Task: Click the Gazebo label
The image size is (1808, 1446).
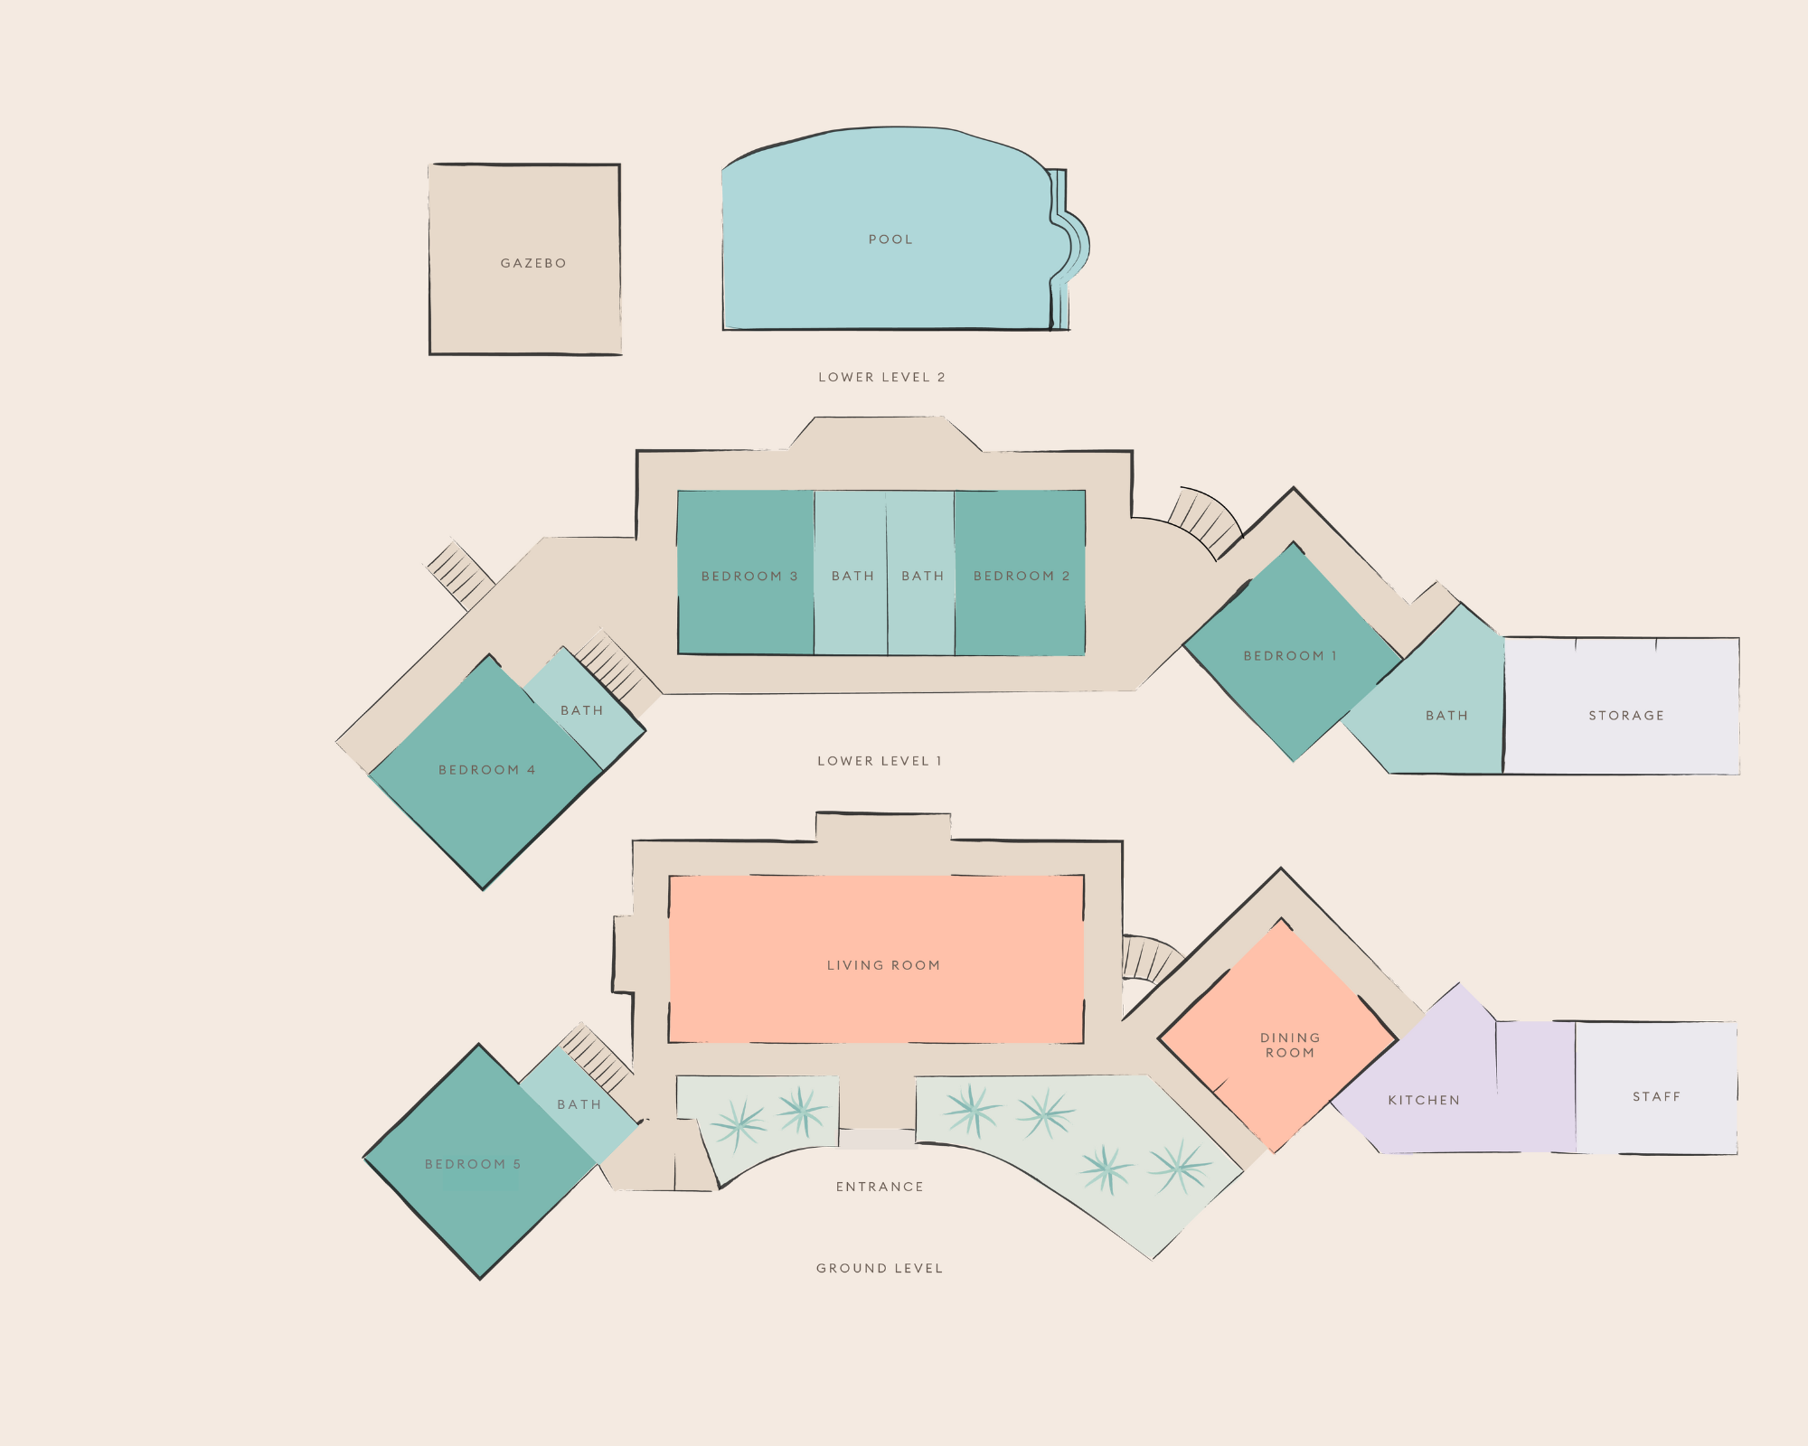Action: coord(533,263)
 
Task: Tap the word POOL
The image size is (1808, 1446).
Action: coord(890,239)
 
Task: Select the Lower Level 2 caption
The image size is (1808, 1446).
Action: coord(881,377)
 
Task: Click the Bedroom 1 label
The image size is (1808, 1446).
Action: coord(1290,655)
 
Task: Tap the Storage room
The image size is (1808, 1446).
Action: coord(1625,715)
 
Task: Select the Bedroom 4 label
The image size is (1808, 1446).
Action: coord(486,770)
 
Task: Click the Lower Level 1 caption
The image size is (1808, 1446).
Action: coord(880,761)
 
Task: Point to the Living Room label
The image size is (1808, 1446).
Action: coord(883,965)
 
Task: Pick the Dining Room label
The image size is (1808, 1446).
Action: coord(1290,1045)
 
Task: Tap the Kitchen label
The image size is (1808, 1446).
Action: coord(1424,1100)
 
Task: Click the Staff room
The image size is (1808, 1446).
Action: coord(1656,1096)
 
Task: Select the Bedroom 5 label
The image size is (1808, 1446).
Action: coord(473,1164)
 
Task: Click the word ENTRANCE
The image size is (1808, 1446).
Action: coord(880,1187)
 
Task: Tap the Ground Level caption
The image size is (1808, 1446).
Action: coord(880,1268)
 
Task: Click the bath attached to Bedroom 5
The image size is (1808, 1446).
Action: coord(579,1104)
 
